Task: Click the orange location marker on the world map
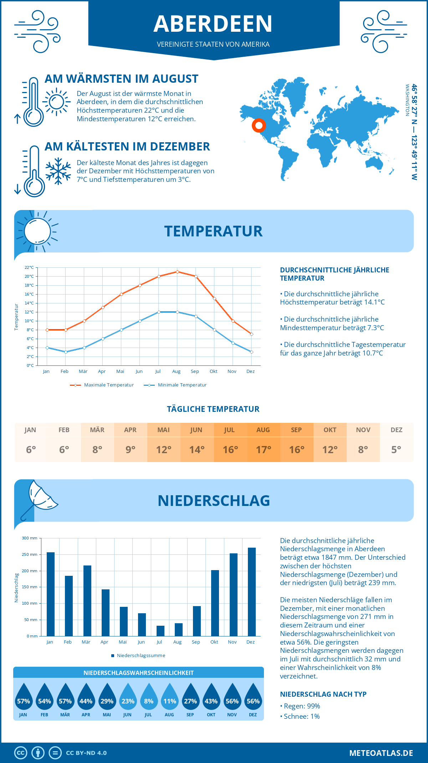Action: tap(259, 125)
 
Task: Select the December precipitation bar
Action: tap(252, 592)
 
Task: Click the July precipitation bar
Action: tap(160, 631)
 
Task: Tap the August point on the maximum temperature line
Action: tap(177, 272)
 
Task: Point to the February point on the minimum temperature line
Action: tap(66, 352)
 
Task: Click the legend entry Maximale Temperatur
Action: tap(102, 385)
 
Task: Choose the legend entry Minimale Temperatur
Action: tap(175, 385)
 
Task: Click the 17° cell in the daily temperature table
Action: tap(263, 450)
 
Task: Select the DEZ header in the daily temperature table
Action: tap(396, 430)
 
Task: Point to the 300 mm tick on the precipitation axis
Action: tap(30, 538)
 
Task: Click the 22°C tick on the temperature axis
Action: tap(29, 267)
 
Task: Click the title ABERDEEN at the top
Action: tap(213, 24)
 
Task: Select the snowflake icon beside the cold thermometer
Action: tap(58, 171)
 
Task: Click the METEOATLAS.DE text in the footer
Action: tap(381, 753)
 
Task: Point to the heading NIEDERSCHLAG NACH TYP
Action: tap(323, 694)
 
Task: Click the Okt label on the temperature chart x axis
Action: tap(213, 372)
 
